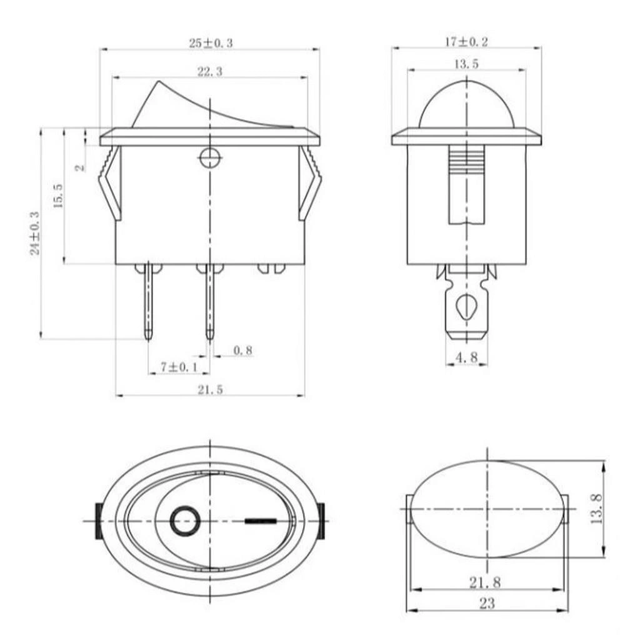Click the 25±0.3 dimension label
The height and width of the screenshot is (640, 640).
[211, 43]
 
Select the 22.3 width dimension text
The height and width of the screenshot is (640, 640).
[210, 71]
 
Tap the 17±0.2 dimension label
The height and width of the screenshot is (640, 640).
[466, 42]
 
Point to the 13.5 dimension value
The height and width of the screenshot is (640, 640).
[466, 64]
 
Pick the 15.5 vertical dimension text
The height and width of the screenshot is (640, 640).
[58, 196]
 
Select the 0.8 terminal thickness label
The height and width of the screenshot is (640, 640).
[243, 350]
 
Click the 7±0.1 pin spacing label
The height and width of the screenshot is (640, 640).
[179, 367]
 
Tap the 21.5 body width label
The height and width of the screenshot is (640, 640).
[211, 390]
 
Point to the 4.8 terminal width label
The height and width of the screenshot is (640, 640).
[466, 357]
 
